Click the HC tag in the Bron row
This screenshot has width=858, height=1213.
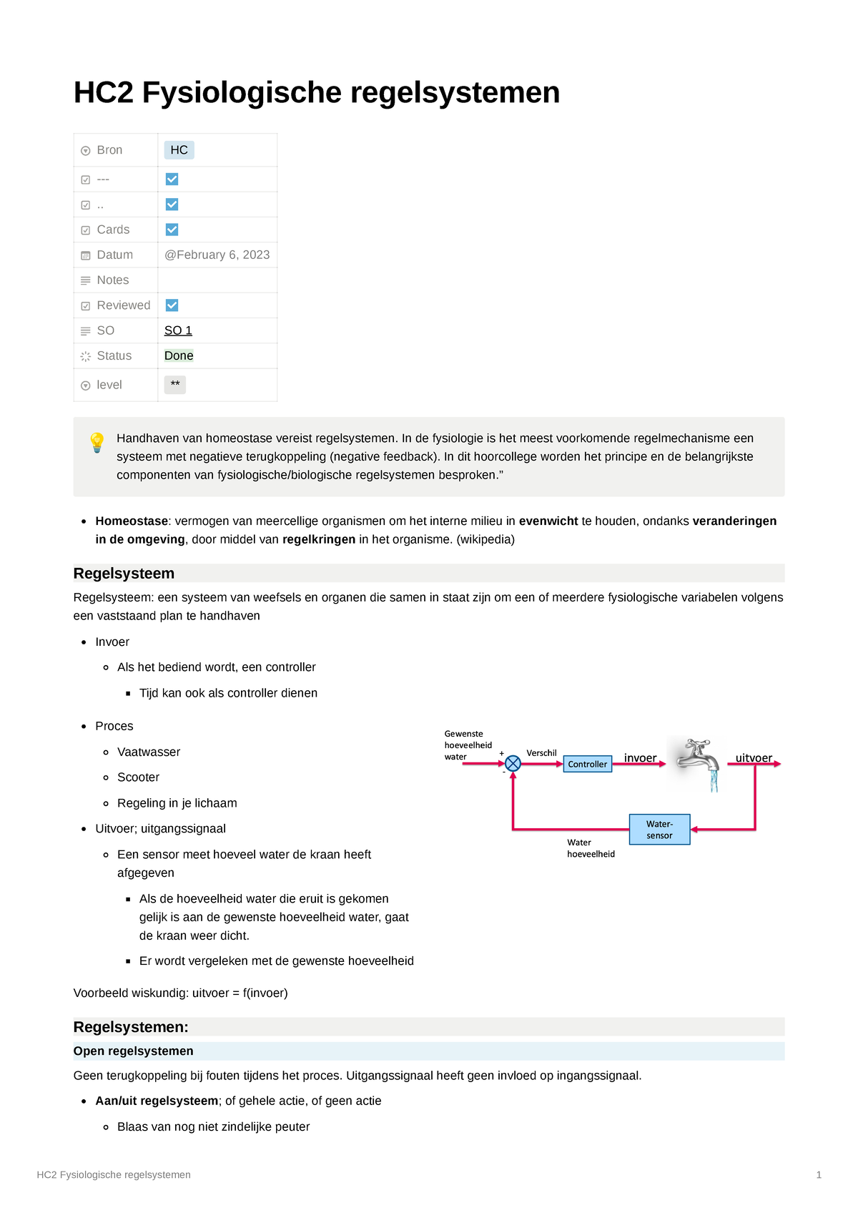pos(179,150)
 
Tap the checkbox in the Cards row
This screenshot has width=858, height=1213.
pos(172,230)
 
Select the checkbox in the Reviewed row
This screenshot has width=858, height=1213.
pos(172,305)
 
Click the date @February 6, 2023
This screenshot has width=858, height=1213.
pos(217,255)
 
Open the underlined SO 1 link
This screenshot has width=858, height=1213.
pos(178,330)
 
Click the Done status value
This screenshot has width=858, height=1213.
pos(179,356)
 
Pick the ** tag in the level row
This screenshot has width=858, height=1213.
pos(175,385)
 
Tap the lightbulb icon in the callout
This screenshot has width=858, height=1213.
pos(97,442)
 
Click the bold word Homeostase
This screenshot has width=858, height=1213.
pos(132,521)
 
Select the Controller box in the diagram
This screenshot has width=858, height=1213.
pos(587,764)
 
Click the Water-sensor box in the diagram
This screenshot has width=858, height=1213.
pos(659,830)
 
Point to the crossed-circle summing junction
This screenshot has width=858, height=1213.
pos(513,764)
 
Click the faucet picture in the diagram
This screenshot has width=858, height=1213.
pos(698,762)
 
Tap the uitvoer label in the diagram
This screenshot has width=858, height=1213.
pos(754,758)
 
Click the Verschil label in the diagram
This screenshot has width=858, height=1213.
pos(541,753)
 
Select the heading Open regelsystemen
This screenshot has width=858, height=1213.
pos(133,1051)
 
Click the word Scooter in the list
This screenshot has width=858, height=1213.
pos(138,777)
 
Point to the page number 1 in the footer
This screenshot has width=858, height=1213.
pos(819,1174)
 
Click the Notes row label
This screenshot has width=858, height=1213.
pos(113,280)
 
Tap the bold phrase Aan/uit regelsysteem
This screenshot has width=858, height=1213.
pos(157,1101)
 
